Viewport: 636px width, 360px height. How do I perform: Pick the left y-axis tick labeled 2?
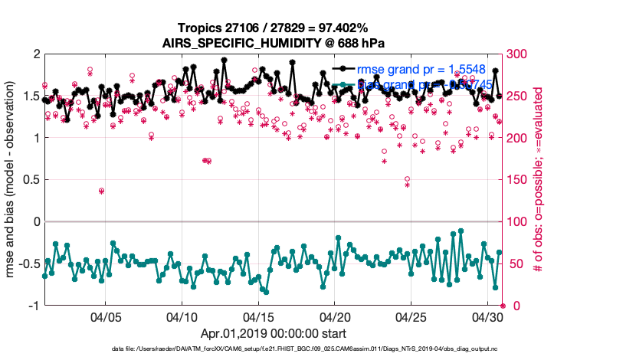(x=35, y=54)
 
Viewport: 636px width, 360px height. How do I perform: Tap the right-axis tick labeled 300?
(x=520, y=54)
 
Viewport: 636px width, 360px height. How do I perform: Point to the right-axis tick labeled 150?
(x=520, y=180)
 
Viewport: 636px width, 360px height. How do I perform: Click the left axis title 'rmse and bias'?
(x=13, y=180)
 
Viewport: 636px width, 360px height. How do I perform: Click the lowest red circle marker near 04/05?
(x=102, y=190)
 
